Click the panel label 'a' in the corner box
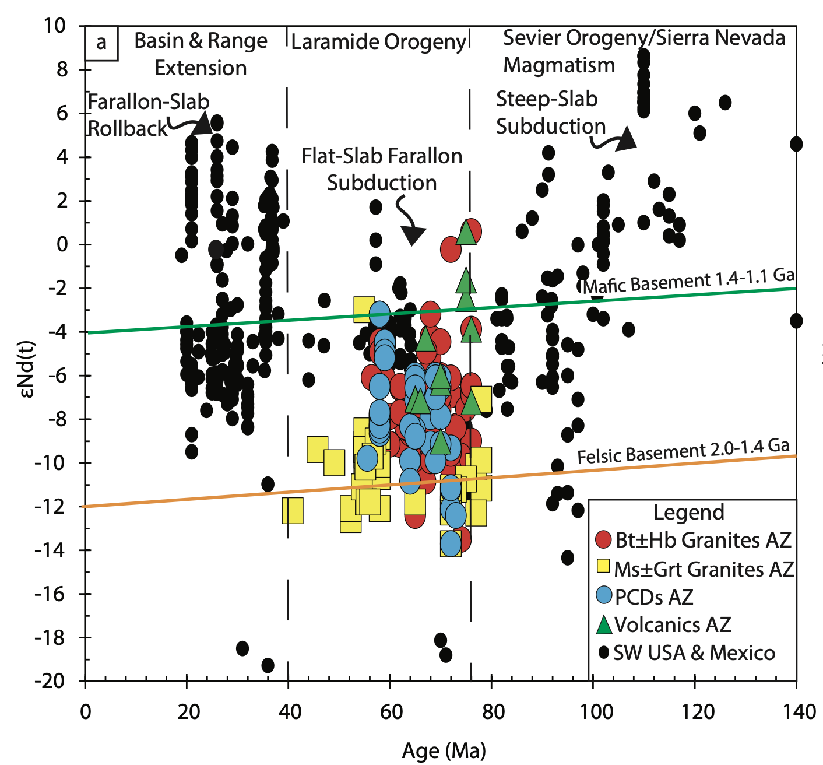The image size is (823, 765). click(101, 43)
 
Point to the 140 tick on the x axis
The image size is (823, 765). click(796, 680)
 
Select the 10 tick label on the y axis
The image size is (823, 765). click(57, 26)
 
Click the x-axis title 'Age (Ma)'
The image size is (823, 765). click(444, 750)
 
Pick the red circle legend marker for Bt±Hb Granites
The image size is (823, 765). click(603, 540)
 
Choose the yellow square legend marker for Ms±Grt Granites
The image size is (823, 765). click(603, 567)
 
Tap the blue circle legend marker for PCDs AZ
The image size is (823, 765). click(604, 595)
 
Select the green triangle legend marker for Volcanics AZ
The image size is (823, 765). click(604, 624)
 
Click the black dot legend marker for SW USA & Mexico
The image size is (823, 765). click(604, 652)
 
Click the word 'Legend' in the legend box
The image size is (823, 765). click(689, 513)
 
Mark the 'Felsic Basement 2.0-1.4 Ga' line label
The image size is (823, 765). click(683, 451)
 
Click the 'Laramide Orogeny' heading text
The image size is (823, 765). click(379, 42)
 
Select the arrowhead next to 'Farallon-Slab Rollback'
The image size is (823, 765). click(202, 124)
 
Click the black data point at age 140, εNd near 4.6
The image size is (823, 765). click(796, 144)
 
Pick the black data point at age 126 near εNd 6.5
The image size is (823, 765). click(725, 103)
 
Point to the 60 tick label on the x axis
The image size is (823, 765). click(391, 712)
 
